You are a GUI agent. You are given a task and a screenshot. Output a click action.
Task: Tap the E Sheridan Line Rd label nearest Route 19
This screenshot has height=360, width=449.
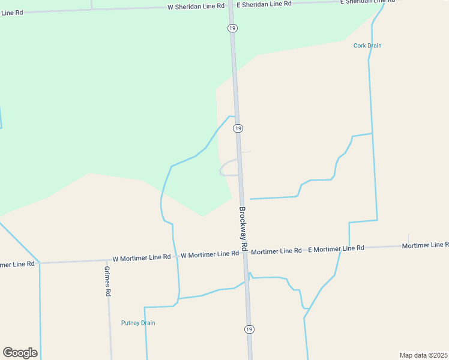click(264, 4)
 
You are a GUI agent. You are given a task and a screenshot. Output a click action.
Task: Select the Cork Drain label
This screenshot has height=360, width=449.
click(367, 46)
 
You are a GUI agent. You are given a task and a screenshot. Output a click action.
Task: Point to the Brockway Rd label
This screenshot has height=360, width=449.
click(243, 229)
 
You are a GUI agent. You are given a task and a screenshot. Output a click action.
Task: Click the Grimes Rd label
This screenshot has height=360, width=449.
click(108, 281)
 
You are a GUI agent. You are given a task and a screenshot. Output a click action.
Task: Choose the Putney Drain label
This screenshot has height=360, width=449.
click(138, 323)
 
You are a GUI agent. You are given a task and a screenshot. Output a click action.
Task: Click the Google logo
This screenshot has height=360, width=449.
click(20, 353)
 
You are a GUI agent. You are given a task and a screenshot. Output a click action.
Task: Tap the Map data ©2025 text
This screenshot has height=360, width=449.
click(423, 355)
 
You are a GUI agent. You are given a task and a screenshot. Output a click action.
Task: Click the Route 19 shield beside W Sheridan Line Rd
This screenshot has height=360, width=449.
click(232, 28)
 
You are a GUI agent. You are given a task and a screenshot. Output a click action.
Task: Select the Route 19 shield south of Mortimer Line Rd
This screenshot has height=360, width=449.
click(249, 329)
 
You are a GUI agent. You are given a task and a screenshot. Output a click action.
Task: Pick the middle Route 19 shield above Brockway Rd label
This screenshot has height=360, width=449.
click(238, 128)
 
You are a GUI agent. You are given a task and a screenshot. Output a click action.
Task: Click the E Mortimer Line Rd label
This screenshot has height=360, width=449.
click(336, 248)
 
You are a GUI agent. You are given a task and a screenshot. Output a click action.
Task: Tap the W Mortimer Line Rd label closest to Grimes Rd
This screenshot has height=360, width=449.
click(142, 257)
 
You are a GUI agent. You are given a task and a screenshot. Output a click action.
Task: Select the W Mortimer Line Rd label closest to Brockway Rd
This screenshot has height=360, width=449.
click(210, 254)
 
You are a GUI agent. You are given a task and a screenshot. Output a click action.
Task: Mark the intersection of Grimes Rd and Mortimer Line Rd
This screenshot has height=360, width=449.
click(107, 260)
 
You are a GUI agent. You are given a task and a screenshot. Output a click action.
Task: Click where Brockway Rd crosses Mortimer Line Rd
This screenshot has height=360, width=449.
click(246, 253)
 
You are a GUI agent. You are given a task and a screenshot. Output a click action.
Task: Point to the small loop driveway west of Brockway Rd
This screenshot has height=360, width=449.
click(226, 168)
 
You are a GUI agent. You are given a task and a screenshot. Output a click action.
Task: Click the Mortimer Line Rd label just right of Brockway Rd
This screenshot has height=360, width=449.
click(276, 251)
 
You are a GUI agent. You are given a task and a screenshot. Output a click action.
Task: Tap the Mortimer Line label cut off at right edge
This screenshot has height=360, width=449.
click(425, 245)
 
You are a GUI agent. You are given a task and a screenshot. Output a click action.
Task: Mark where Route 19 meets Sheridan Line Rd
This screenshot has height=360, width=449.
click(231, 5)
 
